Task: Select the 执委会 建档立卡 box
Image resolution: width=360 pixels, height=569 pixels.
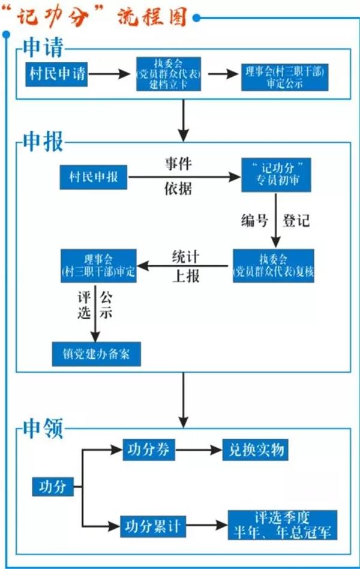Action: click(167, 74)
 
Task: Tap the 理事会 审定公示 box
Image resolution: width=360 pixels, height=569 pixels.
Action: click(285, 76)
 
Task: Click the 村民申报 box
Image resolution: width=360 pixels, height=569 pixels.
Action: click(94, 177)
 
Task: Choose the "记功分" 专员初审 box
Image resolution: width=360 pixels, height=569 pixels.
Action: click(277, 175)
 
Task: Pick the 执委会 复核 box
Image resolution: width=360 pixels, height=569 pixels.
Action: click(274, 265)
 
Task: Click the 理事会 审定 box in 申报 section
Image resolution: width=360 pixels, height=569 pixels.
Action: click(98, 265)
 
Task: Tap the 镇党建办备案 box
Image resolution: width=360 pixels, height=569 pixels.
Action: click(96, 354)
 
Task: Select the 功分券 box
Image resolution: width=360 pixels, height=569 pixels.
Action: click(148, 449)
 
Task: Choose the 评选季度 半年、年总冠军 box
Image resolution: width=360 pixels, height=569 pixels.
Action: click(283, 525)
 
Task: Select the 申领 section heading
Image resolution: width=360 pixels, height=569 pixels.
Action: click(42, 427)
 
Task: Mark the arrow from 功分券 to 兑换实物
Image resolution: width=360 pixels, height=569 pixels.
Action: click(198, 449)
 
